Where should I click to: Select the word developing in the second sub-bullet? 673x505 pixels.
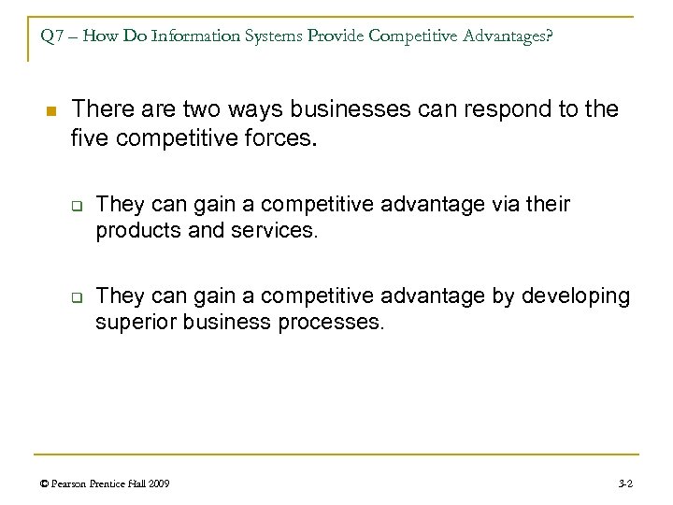(x=576, y=296)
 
